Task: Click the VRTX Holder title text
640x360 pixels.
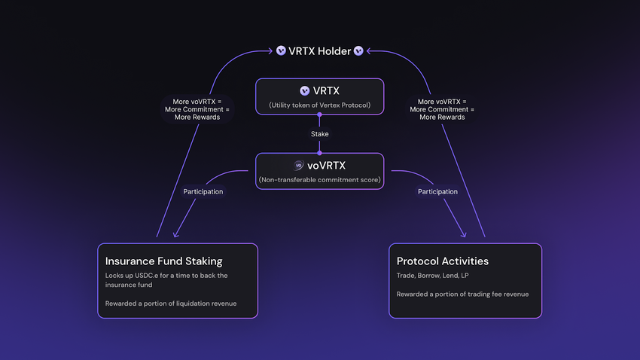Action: click(320, 51)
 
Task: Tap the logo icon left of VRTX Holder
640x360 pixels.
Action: click(281, 51)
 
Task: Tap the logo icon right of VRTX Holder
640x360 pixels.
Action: click(358, 51)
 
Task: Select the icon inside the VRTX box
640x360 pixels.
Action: click(304, 91)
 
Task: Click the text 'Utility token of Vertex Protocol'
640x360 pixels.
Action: click(319, 105)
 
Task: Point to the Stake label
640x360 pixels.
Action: click(320, 134)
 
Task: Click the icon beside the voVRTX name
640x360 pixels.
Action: click(299, 165)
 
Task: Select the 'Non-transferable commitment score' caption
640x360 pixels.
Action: click(319, 179)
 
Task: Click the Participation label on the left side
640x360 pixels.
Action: click(203, 191)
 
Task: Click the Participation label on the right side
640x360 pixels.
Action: click(437, 191)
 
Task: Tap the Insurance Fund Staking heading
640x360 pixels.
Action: click(163, 261)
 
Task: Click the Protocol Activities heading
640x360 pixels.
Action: click(443, 261)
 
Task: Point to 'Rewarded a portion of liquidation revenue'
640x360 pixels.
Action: click(172, 303)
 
